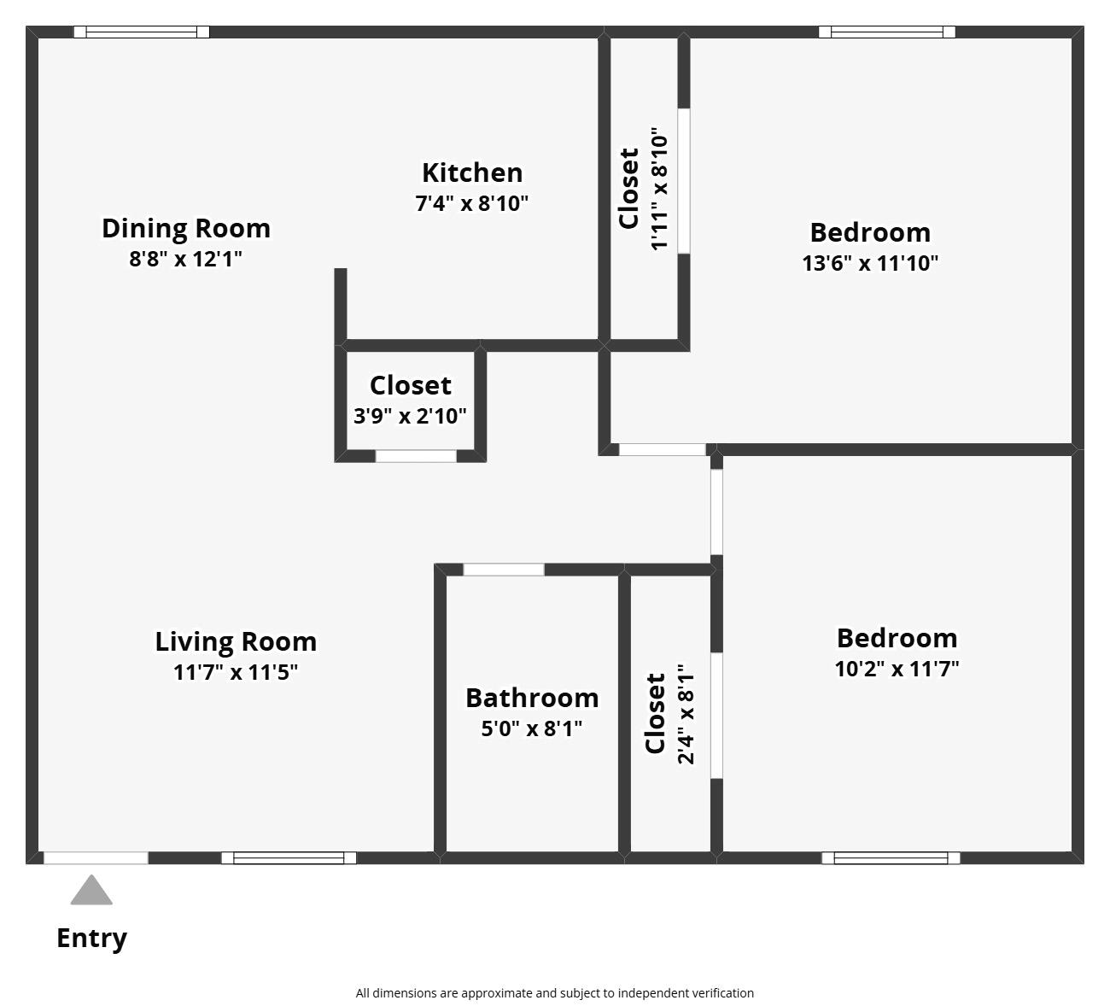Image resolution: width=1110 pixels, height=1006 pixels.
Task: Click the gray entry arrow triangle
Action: (91, 892)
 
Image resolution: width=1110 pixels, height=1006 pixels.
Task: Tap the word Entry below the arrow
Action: (91, 938)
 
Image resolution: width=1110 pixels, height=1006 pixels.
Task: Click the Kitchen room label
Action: (471, 173)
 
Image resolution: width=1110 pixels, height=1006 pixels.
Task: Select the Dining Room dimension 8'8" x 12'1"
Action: (185, 259)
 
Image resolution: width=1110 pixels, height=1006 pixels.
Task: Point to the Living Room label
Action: (236, 641)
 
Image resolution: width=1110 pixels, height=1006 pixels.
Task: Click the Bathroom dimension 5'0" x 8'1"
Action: (531, 728)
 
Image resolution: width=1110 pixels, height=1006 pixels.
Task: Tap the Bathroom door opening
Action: (504, 570)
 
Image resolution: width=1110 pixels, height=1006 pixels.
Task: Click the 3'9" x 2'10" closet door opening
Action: (416, 456)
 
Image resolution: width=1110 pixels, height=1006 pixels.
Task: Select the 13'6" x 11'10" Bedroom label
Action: (870, 232)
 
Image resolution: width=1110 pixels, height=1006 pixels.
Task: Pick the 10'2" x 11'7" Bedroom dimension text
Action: (897, 669)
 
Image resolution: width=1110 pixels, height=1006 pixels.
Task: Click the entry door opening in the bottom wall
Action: (96, 857)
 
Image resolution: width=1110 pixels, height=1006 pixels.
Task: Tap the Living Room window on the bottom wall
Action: (289, 857)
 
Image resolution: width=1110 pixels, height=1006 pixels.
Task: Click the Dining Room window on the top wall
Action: (142, 32)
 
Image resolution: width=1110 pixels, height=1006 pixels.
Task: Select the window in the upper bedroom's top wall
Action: (886, 32)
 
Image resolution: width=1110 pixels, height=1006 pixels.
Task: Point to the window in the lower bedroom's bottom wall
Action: (891, 857)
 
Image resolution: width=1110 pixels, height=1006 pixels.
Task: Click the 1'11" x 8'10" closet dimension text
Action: (659, 190)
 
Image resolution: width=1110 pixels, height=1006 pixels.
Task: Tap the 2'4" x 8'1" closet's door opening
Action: (716, 716)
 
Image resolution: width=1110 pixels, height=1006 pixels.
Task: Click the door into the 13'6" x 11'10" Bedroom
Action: (662, 449)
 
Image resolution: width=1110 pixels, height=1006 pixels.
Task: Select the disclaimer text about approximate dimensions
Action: (554, 993)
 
